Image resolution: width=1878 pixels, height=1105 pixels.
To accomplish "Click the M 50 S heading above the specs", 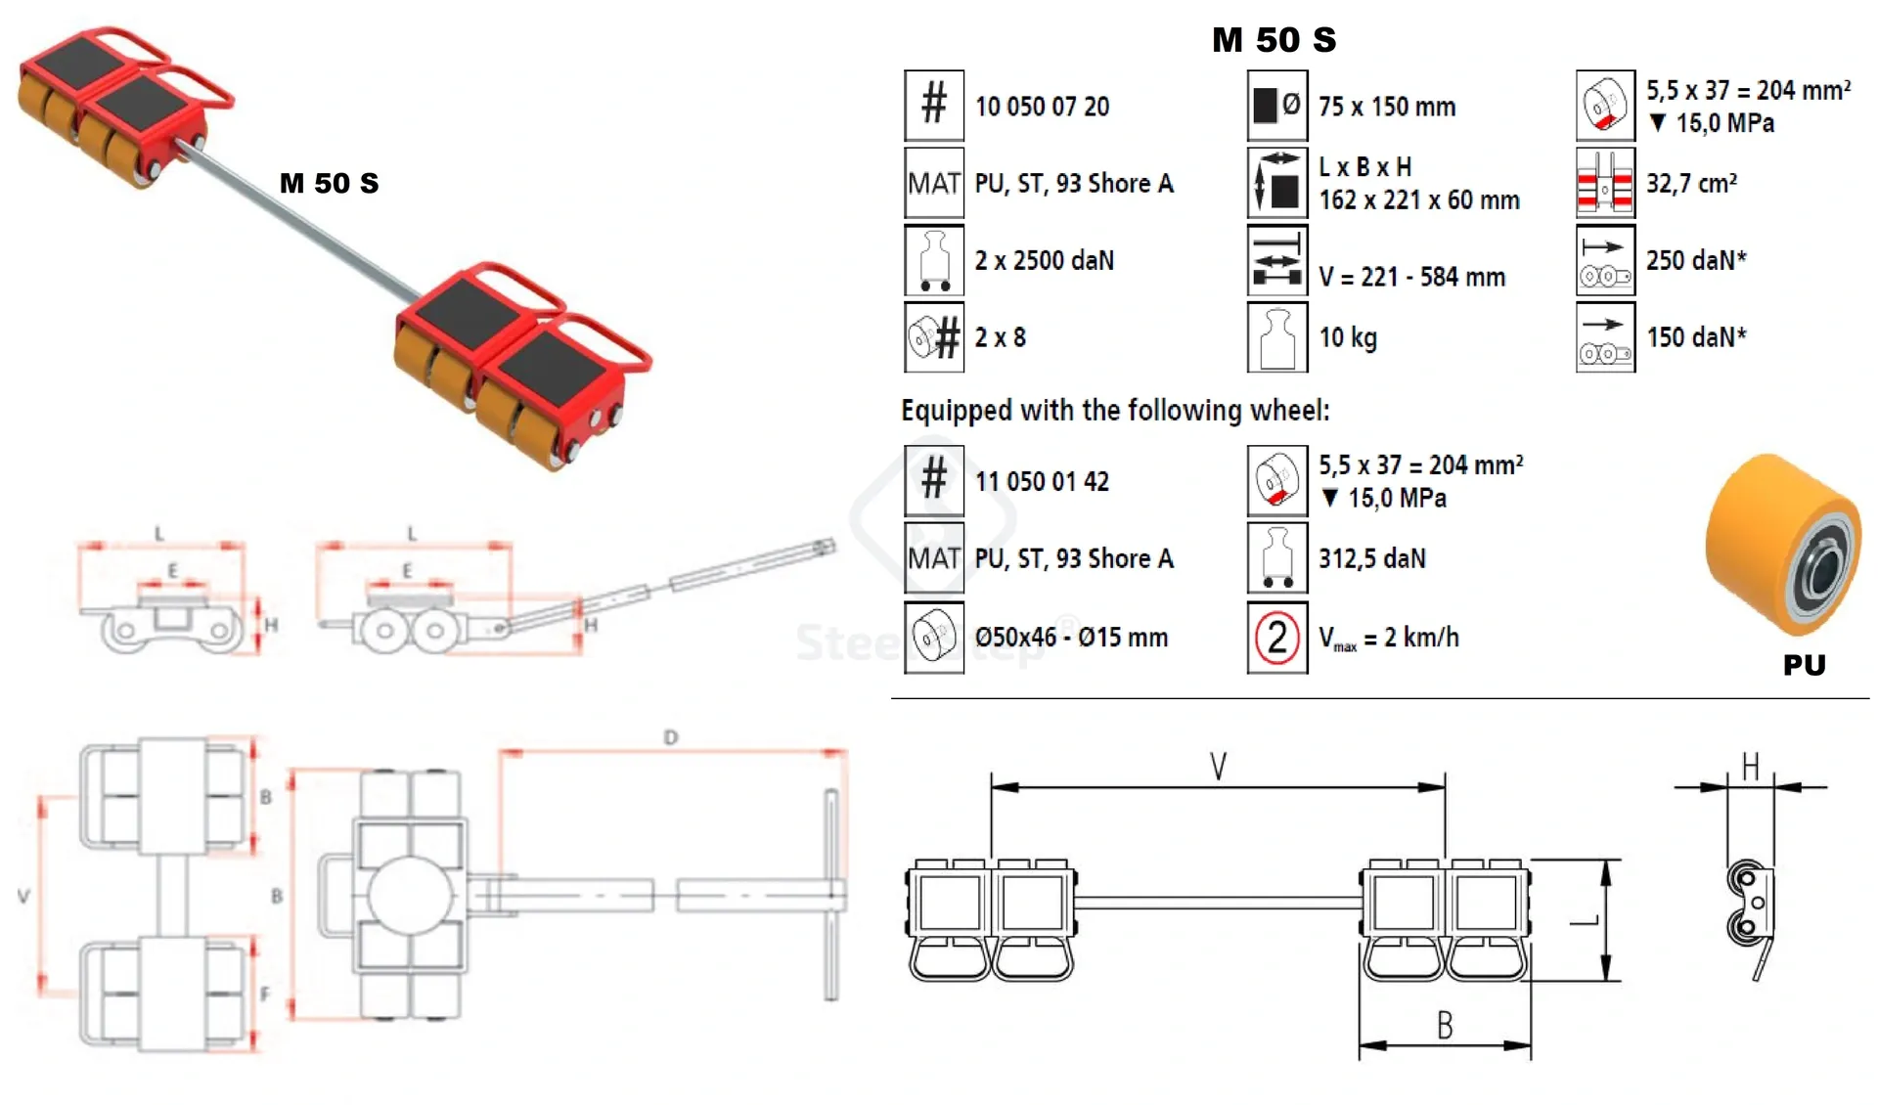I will coord(1274,40).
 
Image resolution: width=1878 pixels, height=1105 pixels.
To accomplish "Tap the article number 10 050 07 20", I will coord(1042,107).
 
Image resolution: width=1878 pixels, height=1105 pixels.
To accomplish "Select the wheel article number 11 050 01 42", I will coord(1042,481).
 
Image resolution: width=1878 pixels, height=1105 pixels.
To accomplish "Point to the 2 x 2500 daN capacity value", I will coord(1044,260).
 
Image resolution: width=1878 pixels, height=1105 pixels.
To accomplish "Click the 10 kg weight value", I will coord(1348,338).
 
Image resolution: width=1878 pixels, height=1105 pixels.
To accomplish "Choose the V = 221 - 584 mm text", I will coord(1411,278).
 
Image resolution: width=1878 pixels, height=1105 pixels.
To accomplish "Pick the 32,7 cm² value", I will coord(1691,183).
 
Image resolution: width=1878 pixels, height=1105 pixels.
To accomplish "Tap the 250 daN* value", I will coord(1696,260).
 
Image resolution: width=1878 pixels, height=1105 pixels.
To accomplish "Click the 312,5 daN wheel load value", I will coord(1371,558).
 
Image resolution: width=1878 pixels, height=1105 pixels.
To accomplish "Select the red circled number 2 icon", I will coord(1277,638).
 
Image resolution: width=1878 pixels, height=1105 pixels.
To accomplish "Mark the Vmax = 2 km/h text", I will coord(1388,639).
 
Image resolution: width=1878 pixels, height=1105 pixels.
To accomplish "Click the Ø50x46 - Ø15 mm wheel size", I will coord(1071,638).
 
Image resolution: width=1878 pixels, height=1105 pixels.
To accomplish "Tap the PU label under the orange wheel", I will coord(1804,666).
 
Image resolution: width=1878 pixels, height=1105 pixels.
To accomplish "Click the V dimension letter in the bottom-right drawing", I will coord(1218,766).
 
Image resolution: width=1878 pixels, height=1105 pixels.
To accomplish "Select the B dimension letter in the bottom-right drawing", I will coord(1445,1025).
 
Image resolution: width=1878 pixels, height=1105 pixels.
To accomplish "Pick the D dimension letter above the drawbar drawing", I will coord(670,737).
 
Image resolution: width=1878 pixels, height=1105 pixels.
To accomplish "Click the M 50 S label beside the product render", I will coord(329,183).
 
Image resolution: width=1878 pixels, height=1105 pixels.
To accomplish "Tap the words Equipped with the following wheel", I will coord(1115,411).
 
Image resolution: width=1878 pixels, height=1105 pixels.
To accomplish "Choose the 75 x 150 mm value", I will coord(1386,107).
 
